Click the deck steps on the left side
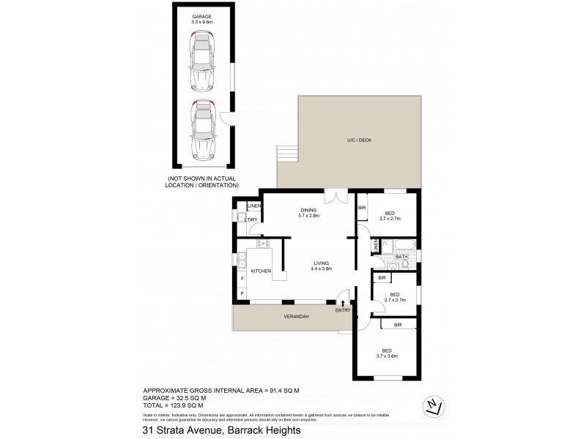288,154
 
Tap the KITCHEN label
262,271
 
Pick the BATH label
401,257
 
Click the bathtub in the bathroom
400,243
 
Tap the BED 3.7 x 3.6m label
386,353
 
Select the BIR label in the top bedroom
362,209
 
